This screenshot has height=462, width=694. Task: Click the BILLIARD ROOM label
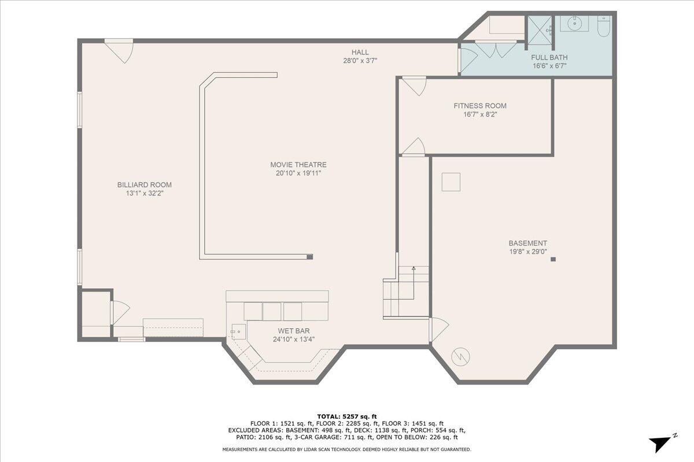tap(145, 185)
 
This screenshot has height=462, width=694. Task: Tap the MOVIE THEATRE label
tap(298, 165)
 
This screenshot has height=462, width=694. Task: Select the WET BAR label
tap(294, 331)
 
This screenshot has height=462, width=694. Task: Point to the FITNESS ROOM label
tap(479, 106)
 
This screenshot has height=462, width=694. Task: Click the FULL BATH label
tap(549, 58)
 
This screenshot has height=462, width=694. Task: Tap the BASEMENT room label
tap(527, 243)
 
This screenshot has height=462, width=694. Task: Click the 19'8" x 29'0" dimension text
tap(527, 252)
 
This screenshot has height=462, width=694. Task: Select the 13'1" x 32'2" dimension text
tap(145, 193)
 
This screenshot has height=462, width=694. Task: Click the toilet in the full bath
tap(603, 26)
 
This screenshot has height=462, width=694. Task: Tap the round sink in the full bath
tap(574, 24)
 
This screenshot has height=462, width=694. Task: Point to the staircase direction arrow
tap(414, 269)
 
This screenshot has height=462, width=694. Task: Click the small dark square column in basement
tap(553, 259)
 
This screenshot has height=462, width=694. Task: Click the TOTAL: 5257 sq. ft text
tap(346, 416)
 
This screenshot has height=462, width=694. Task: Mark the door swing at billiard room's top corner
tap(120, 50)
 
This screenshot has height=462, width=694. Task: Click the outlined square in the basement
tap(451, 182)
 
